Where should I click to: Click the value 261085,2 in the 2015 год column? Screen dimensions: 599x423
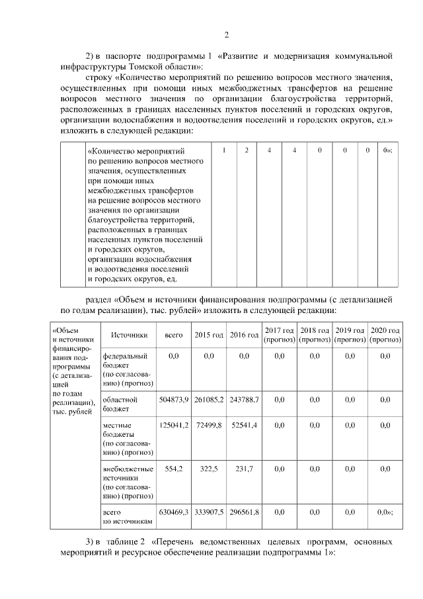click(x=209, y=400)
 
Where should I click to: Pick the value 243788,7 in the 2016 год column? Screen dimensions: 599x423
click(x=244, y=400)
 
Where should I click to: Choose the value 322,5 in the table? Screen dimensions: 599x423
click(x=209, y=469)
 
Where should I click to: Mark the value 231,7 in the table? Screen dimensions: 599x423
click(x=244, y=469)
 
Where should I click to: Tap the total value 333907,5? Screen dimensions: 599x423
click(x=209, y=512)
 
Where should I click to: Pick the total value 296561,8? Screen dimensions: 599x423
click(x=244, y=512)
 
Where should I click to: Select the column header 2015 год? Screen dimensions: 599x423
click(x=209, y=336)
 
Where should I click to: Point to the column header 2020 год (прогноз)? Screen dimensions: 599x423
click(x=385, y=335)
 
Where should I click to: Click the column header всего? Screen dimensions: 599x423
click(x=174, y=336)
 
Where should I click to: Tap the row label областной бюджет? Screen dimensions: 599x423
click(x=119, y=404)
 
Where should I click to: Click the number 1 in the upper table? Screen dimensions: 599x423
click(x=225, y=151)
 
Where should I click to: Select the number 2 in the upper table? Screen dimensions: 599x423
click(x=246, y=151)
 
